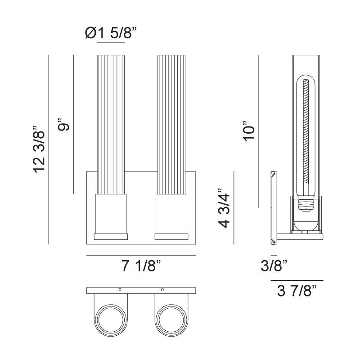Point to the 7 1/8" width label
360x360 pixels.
pyautogui.click(x=141, y=266)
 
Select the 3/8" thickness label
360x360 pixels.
pyautogui.click(x=274, y=266)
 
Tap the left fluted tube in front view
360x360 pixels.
pyautogui.click(x=111, y=124)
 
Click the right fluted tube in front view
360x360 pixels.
pyautogui.click(x=171, y=124)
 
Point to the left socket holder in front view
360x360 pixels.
pyautogui.click(x=111, y=214)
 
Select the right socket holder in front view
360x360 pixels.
pyautogui.click(x=171, y=214)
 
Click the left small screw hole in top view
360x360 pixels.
pyautogui.click(x=120, y=289)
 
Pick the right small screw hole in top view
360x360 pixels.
pyautogui.click(x=162, y=289)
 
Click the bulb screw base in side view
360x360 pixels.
pyautogui.click(x=308, y=206)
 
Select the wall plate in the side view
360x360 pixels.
pyautogui.click(x=273, y=207)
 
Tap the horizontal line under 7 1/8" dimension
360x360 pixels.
pyautogui.click(x=141, y=256)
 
